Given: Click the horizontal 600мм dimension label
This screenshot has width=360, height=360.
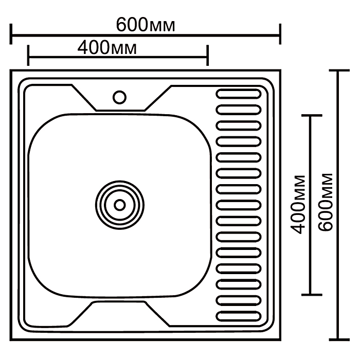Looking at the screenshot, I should pos(146,24).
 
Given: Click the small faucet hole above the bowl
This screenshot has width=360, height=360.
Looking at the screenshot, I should pos(119,97).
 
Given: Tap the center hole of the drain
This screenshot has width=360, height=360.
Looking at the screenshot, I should pos(119,205).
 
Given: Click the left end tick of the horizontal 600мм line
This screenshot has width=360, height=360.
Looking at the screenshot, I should pos(11,34).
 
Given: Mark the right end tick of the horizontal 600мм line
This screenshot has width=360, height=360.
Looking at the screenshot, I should pos(280,34).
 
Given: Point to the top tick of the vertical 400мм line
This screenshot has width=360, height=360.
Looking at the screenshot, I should pos(312,116).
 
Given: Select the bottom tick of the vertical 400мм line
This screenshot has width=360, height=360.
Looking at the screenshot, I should pos(312,295).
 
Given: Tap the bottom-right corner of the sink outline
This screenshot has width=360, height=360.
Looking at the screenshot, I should pos(280,339).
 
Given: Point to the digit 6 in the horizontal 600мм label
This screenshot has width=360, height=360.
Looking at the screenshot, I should pos(122,24).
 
